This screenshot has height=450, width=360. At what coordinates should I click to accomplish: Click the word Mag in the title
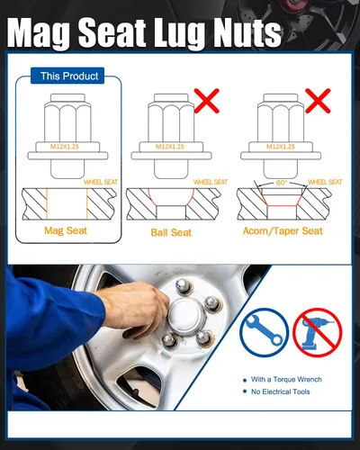(x=40, y=32)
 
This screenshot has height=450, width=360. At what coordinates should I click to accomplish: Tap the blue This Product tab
(x=67, y=76)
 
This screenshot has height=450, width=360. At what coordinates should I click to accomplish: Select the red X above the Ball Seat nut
(x=207, y=101)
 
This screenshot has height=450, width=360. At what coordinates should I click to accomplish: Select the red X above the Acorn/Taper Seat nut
(x=318, y=101)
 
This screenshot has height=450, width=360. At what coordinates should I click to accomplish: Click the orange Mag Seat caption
(x=66, y=230)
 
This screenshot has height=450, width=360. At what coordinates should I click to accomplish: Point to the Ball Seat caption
(x=171, y=232)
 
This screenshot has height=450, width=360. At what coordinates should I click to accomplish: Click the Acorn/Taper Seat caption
(x=283, y=230)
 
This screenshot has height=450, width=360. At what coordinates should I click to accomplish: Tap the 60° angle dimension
(x=281, y=183)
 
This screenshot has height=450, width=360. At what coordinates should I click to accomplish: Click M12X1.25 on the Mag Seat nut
(x=65, y=147)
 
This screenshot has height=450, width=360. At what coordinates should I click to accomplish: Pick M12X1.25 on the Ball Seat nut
(x=169, y=147)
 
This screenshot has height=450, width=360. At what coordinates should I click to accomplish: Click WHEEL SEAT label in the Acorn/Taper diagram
(x=325, y=182)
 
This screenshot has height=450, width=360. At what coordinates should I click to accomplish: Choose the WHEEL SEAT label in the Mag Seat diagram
(x=101, y=182)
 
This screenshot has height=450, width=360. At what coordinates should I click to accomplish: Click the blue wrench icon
(x=264, y=332)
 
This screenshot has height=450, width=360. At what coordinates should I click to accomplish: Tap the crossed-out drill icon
(x=318, y=332)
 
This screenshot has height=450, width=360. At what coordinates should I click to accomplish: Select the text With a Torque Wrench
(x=286, y=380)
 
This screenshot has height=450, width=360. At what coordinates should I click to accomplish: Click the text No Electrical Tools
(x=281, y=391)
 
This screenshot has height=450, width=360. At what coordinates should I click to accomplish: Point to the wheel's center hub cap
(x=186, y=312)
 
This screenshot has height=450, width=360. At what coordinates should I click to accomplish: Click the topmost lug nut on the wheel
(x=182, y=285)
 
